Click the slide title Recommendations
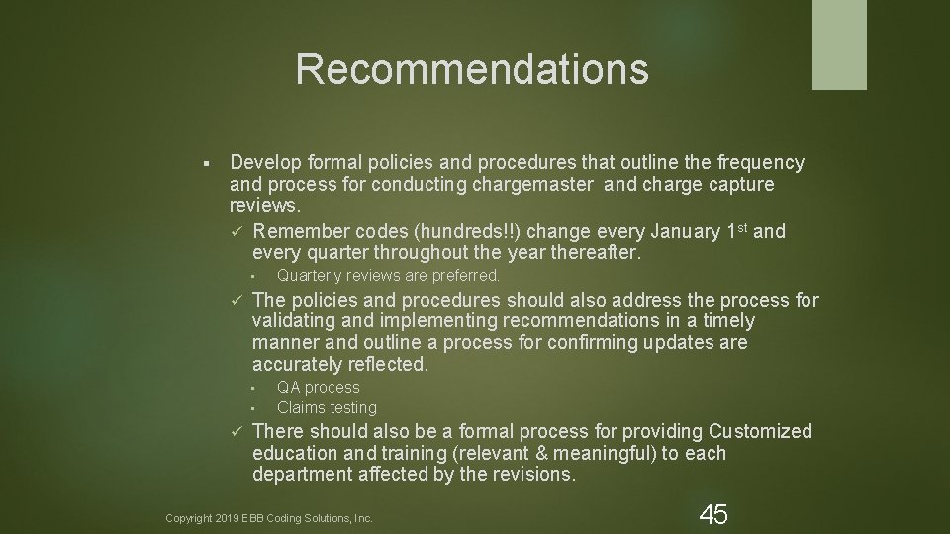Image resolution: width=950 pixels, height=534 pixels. (x=472, y=69)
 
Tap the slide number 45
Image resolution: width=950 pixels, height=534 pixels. (x=712, y=514)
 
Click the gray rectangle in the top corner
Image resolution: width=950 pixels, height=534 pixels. (x=839, y=44)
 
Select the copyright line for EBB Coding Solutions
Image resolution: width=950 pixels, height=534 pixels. (x=269, y=518)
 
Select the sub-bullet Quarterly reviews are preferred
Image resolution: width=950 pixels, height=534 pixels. (x=388, y=277)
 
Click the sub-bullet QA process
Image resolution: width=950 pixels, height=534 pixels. (x=318, y=388)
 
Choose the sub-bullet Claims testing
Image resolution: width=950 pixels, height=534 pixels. (x=327, y=408)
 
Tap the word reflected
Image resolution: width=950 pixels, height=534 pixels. (x=385, y=365)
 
